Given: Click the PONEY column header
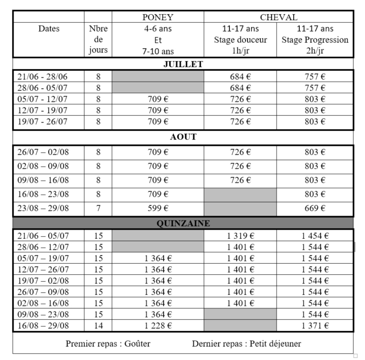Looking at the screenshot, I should tap(158, 18).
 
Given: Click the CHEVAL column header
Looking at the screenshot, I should tap(278, 18).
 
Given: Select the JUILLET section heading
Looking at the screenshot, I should tap(183, 64).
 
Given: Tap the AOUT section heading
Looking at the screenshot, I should tap(183, 137).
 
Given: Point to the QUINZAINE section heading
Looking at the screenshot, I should tap(183, 224).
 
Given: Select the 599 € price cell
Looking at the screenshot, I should tap(158, 208).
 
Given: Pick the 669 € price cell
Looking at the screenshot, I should tap(315, 208).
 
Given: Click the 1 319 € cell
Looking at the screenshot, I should tap(240, 236).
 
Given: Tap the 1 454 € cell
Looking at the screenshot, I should tap(315, 236).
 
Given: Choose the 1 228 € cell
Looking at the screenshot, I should tap(158, 325).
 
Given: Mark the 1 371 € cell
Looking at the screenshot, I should tap(315, 325).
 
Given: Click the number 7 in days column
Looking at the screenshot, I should tap(98, 208).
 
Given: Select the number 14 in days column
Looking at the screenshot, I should tap(98, 325).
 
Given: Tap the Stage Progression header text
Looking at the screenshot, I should tap(315, 40).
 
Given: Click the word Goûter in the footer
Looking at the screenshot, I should tap(136, 344).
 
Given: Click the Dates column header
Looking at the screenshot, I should tap(48, 29).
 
